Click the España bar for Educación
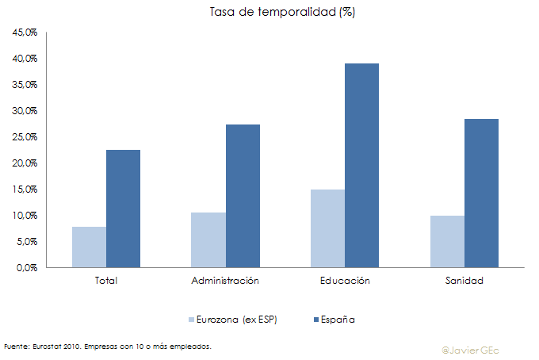[361, 165]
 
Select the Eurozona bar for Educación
[327, 228]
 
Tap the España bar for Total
[123, 209]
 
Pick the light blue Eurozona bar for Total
[89, 247]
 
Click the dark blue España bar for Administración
[243, 196]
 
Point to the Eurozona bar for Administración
[208, 239]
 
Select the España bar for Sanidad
[481, 193]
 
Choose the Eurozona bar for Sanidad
[447, 241]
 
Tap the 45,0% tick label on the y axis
[25, 33]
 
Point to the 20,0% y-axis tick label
[25, 163]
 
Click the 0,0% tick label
[28, 267]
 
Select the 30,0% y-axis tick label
[25, 111]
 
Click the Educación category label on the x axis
[345, 281]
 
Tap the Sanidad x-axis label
[464, 281]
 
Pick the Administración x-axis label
[225, 281]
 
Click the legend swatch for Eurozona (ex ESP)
[192, 320]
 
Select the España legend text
[338, 320]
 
